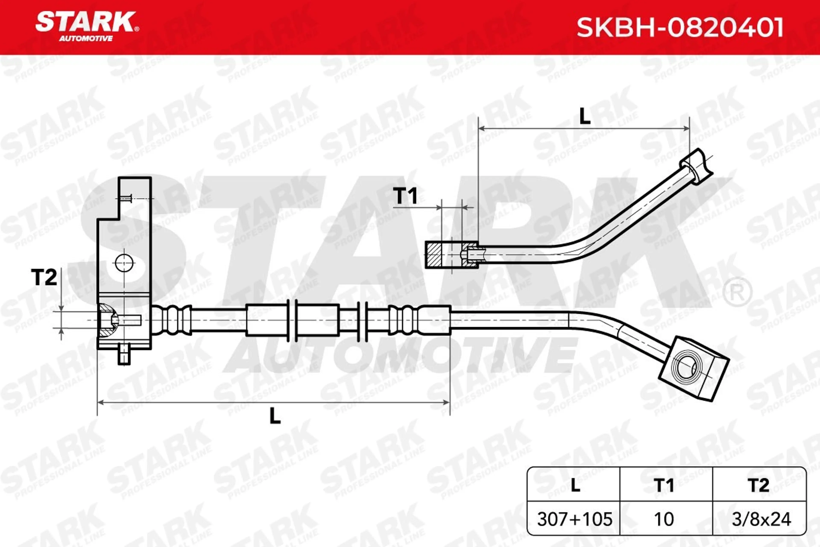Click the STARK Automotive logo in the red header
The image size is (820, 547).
87,26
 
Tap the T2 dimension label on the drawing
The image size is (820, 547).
44,277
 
